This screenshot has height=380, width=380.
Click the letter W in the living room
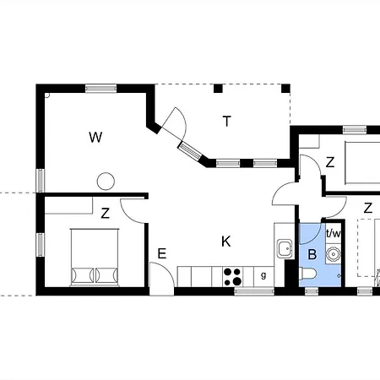pyautogui.click(x=95, y=138)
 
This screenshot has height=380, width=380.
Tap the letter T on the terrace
pyautogui.click(x=227, y=122)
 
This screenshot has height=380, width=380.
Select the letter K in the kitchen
pyautogui.click(x=226, y=242)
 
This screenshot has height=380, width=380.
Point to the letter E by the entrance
pyautogui.click(x=162, y=253)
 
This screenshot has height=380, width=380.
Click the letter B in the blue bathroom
pyautogui.click(x=312, y=254)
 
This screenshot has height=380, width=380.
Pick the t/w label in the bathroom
pyautogui.click(x=334, y=233)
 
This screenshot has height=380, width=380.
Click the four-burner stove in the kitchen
pyautogui.click(x=232, y=277)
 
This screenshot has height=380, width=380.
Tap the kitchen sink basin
pyautogui.click(x=285, y=249)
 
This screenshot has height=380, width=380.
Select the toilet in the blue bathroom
pyautogui.click(x=307, y=274)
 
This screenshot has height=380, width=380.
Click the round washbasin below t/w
pyautogui.click(x=334, y=254)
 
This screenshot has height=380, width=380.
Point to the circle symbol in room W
pyautogui.click(x=106, y=182)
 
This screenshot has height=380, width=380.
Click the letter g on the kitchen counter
pyautogui.click(x=263, y=275)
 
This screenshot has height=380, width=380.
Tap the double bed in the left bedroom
pyautogui.click(x=95, y=258)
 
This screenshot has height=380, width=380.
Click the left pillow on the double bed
pyautogui.click(x=83, y=275)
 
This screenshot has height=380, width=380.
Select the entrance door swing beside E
pyautogui.click(x=162, y=279)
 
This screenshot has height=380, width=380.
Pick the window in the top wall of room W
pyautogui.click(x=100, y=89)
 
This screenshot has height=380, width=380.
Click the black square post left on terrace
pyautogui.click(x=218, y=89)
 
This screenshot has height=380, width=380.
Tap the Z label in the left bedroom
pyautogui.click(x=106, y=214)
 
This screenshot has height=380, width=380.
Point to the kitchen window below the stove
pyautogui.click(x=254, y=291)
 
